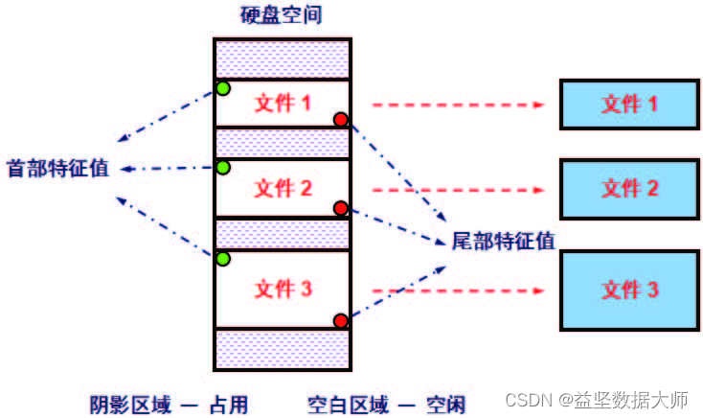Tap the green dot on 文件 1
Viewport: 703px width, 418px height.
223,89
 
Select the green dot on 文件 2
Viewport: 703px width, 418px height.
223,168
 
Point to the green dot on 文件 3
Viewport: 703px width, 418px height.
223,258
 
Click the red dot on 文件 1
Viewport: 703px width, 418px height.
340,119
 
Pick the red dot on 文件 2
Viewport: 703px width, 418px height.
340,207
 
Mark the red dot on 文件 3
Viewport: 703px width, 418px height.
340,320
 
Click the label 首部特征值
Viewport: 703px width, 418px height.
57,168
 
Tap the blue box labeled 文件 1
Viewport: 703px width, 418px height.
628,104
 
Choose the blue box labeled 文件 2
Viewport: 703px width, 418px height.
628,188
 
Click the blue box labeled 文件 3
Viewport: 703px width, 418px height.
628,289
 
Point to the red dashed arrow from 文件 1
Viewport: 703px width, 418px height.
455,104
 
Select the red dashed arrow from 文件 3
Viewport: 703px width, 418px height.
455,290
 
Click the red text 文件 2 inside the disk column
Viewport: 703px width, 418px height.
283,189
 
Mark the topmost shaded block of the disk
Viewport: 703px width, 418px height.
282,58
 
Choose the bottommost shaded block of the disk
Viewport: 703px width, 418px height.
282,349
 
